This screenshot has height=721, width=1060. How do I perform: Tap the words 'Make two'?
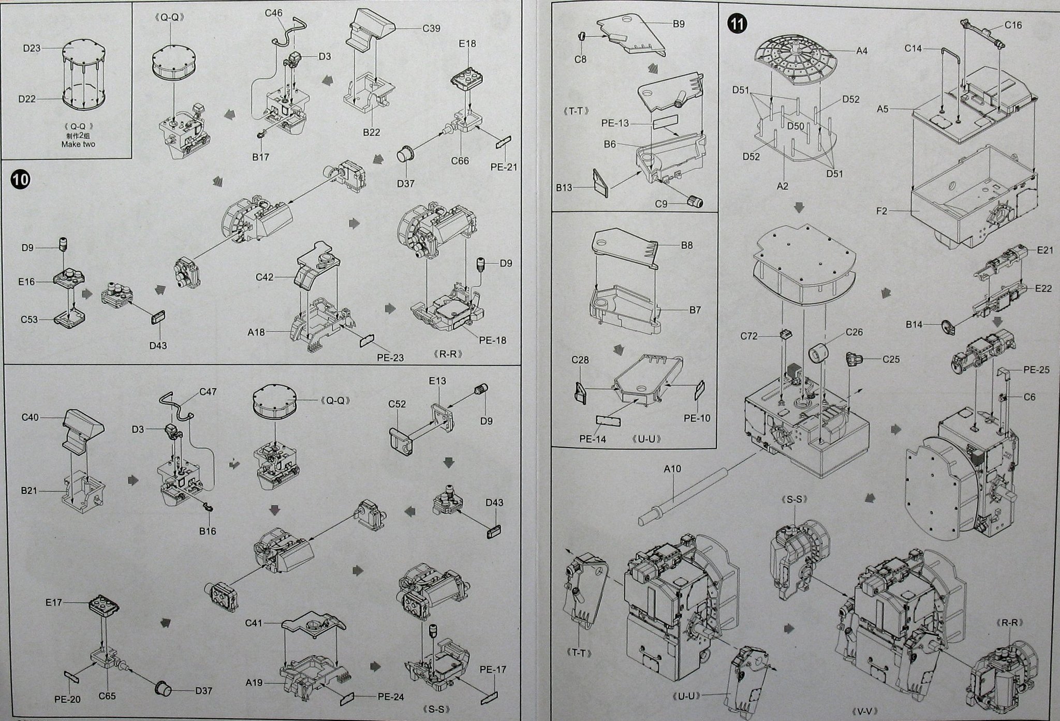pos(78,144)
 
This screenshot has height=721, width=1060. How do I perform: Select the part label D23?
pos(32,48)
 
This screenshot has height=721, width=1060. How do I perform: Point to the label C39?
pos(431,28)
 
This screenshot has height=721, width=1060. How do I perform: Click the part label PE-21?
pos(504,167)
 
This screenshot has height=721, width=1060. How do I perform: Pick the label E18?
pos(467,43)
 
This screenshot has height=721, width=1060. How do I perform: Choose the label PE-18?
pos(493,340)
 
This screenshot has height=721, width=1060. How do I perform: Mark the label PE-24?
pos(390,697)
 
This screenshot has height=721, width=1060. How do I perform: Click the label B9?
pos(679,24)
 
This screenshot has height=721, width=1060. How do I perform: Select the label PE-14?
pos(592,439)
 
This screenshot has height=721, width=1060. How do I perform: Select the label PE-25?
pos(1036,370)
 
